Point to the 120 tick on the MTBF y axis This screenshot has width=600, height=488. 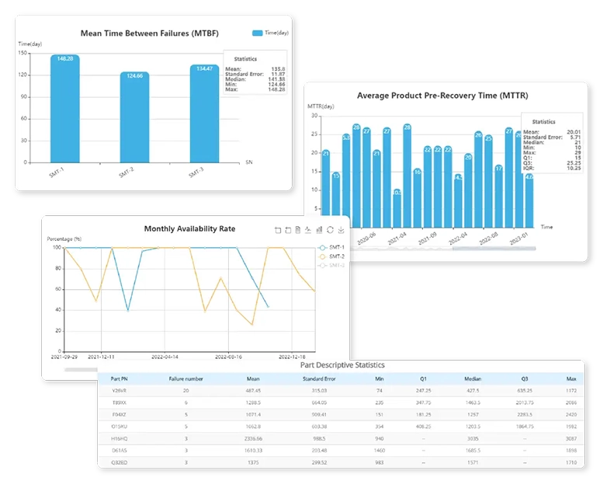24,75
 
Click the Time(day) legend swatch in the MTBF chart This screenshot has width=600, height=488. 257,33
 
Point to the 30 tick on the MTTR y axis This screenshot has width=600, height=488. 315,115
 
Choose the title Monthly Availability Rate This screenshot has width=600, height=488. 189,228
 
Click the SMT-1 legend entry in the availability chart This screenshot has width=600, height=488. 331,248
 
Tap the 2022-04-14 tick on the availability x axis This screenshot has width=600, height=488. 164,357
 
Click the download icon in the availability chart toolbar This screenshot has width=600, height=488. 341,230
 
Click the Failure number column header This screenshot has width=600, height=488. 186,378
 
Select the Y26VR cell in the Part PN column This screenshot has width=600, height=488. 120,390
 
